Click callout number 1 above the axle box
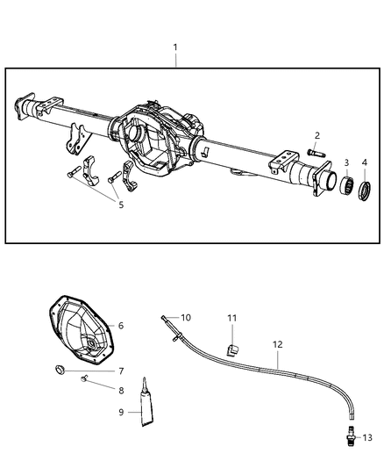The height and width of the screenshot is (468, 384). coord(175,47)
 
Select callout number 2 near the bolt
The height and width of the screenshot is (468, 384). coord(317,135)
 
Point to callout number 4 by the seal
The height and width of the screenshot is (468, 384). coord(364,163)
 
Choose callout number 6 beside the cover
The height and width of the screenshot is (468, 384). coord(121,326)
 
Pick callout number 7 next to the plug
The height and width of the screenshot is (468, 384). coord(121,371)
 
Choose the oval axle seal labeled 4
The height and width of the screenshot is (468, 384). coord(363,187)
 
